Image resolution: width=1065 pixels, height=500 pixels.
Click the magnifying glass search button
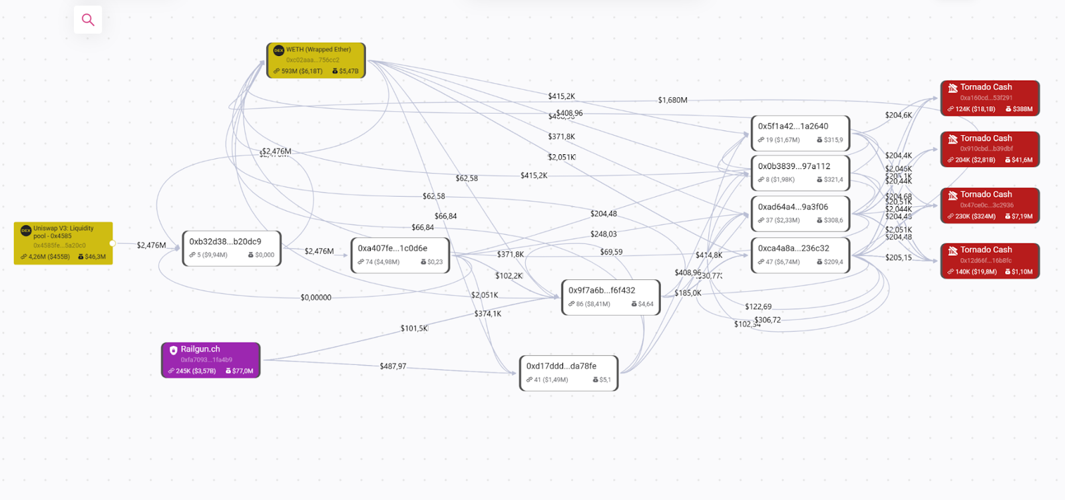pyautogui.click(x=88, y=20)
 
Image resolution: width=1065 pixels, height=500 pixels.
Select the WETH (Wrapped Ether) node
pyautogui.click(x=316, y=61)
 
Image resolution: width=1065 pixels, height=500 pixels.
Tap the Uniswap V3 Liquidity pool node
pyautogui.click(x=63, y=243)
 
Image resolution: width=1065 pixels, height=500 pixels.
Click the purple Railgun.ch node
pyautogui.click(x=210, y=360)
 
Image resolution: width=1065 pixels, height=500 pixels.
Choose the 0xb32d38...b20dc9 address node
pyautogui.click(x=232, y=248)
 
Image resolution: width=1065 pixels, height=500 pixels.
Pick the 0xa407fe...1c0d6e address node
pyautogui.click(x=400, y=255)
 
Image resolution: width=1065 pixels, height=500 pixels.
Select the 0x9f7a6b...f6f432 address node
pyautogui.click(x=610, y=297)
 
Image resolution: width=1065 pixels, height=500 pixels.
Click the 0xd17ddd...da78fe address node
pyautogui.click(x=568, y=372)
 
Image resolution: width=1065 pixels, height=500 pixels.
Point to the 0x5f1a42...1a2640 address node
pyautogui.click(x=800, y=133)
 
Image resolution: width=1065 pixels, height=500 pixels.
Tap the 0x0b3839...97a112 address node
pyautogui.click(x=800, y=173)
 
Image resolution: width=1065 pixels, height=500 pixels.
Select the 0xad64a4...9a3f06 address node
pyautogui.click(x=800, y=213)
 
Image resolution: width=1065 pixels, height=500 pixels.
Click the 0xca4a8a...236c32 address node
pyautogui.click(x=800, y=255)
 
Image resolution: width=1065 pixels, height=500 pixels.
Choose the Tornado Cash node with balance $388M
pyautogui.click(x=990, y=98)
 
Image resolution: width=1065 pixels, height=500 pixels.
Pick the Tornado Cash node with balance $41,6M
pyautogui.click(x=990, y=149)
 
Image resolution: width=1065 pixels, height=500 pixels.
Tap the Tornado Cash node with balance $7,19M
pyautogui.click(x=990, y=205)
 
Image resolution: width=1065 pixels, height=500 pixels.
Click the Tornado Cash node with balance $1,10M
pyautogui.click(x=990, y=261)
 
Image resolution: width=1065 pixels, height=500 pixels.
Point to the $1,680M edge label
pyautogui.click(x=672, y=100)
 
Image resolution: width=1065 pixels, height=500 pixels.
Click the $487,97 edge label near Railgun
pyautogui.click(x=393, y=366)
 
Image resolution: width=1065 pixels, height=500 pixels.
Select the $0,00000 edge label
pyautogui.click(x=316, y=298)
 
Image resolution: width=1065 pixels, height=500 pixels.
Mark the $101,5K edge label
pyautogui.click(x=414, y=328)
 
